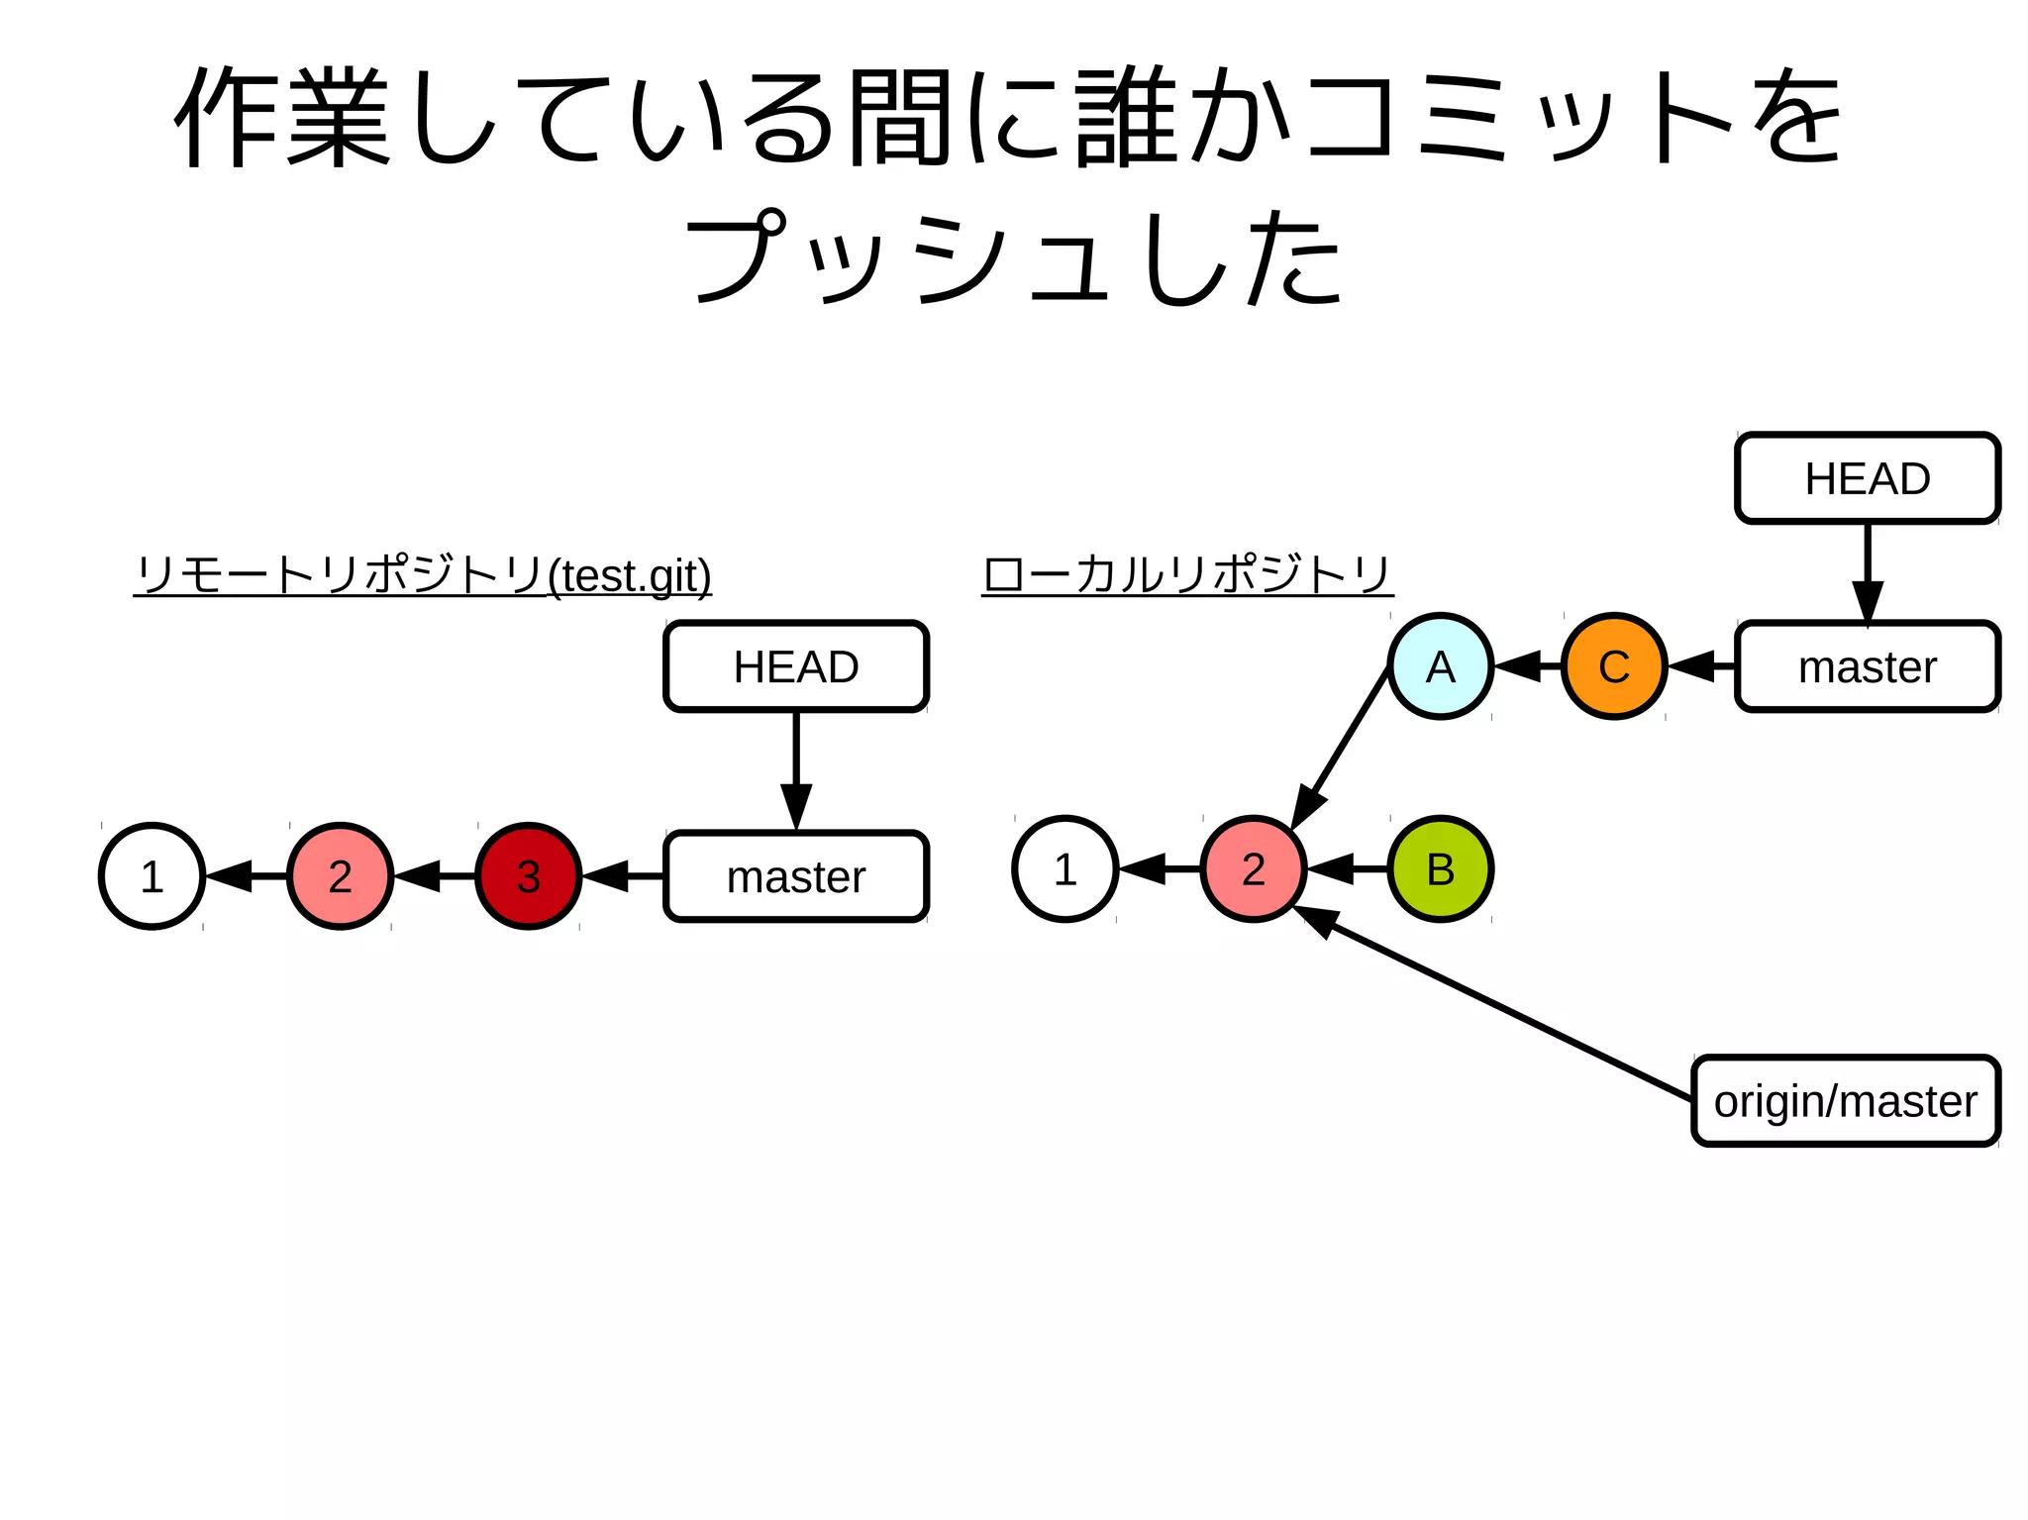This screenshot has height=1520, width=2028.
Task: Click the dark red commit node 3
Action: (x=528, y=875)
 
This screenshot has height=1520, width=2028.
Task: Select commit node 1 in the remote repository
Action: (x=152, y=875)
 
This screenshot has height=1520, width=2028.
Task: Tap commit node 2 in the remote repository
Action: (x=340, y=875)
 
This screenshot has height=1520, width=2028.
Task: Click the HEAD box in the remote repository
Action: (x=796, y=666)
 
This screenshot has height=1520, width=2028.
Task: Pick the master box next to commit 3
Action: (x=796, y=876)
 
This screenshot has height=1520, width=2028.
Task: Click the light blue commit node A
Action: (x=1440, y=666)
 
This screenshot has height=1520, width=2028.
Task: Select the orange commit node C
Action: (x=1614, y=666)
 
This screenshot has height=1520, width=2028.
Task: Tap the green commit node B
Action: (x=1440, y=868)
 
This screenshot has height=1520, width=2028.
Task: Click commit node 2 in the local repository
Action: (x=1253, y=868)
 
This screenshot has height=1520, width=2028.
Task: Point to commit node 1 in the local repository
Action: (x=1065, y=868)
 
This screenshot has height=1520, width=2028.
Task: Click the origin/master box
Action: (x=1845, y=1101)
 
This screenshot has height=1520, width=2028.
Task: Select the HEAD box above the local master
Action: (x=1867, y=478)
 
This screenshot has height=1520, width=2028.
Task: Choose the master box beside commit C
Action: (x=1867, y=666)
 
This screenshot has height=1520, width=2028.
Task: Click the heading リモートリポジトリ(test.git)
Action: (x=423, y=574)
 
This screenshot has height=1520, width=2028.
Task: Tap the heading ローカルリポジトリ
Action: (x=1187, y=574)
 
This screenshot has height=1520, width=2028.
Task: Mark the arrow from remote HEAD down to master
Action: (x=796, y=767)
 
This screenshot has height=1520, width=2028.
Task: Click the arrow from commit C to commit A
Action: (x=1527, y=666)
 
